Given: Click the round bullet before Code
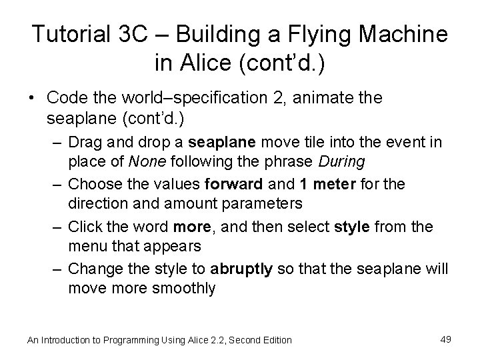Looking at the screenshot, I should [33, 98].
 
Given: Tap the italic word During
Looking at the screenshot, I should [341, 161].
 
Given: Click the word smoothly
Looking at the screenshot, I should [182, 288].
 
